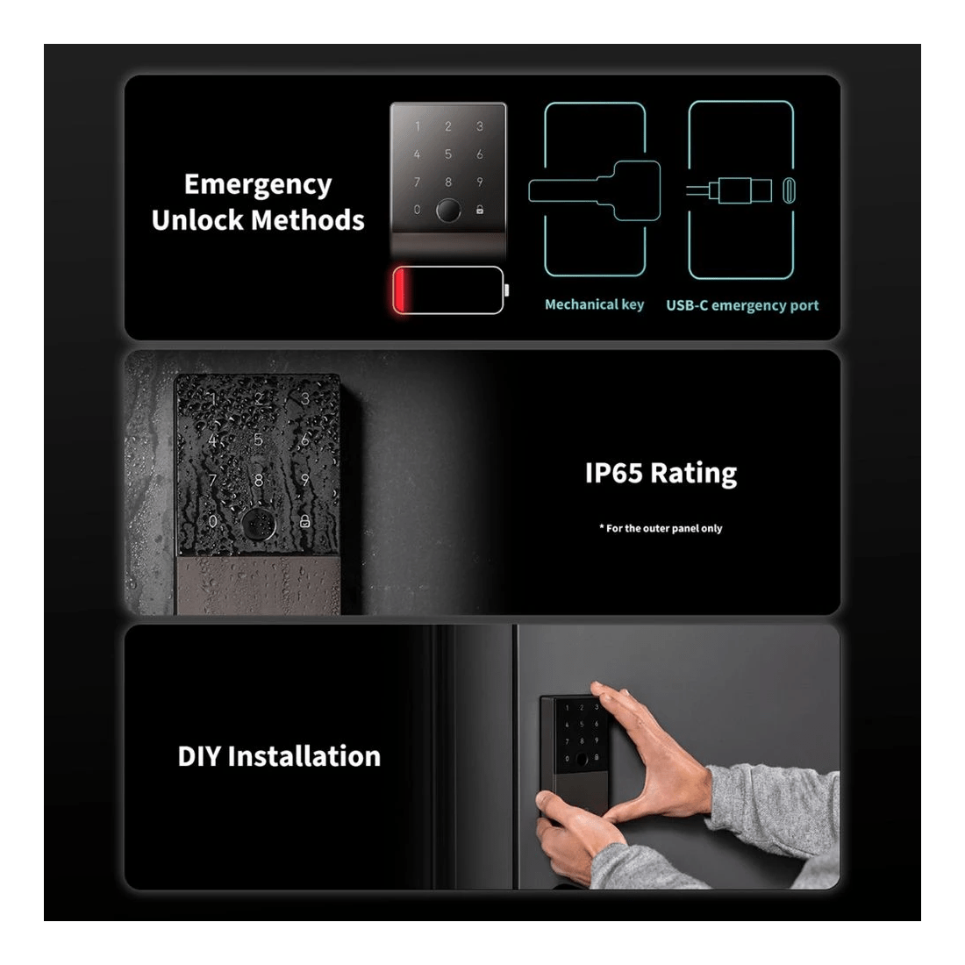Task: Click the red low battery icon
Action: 447,289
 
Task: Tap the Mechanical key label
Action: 594,304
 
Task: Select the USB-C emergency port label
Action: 742,305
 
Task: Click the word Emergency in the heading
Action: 258,185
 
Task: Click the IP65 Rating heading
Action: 661,473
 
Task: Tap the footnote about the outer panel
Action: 661,528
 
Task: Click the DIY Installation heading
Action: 279,756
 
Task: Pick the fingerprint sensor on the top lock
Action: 448,211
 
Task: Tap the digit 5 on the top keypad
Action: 448,154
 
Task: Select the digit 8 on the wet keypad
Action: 258,481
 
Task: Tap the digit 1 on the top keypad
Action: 417,127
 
